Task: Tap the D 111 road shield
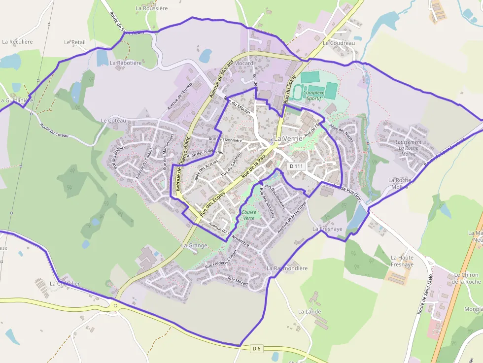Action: pos(296,166)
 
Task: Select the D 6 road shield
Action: pos(256,349)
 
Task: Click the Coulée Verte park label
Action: pos(248,215)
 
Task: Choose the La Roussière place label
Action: pos(152,8)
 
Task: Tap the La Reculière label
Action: pos(17,42)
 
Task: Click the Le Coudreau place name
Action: pos(339,43)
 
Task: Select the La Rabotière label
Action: pos(126,63)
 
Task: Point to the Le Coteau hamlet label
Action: pos(113,121)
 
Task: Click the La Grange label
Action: pos(194,245)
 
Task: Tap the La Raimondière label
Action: pos(287,268)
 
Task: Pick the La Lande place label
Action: pos(310,312)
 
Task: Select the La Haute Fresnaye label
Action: pos(402,261)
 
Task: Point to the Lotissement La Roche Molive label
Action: pos(408,148)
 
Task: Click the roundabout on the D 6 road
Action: pos(116,306)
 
